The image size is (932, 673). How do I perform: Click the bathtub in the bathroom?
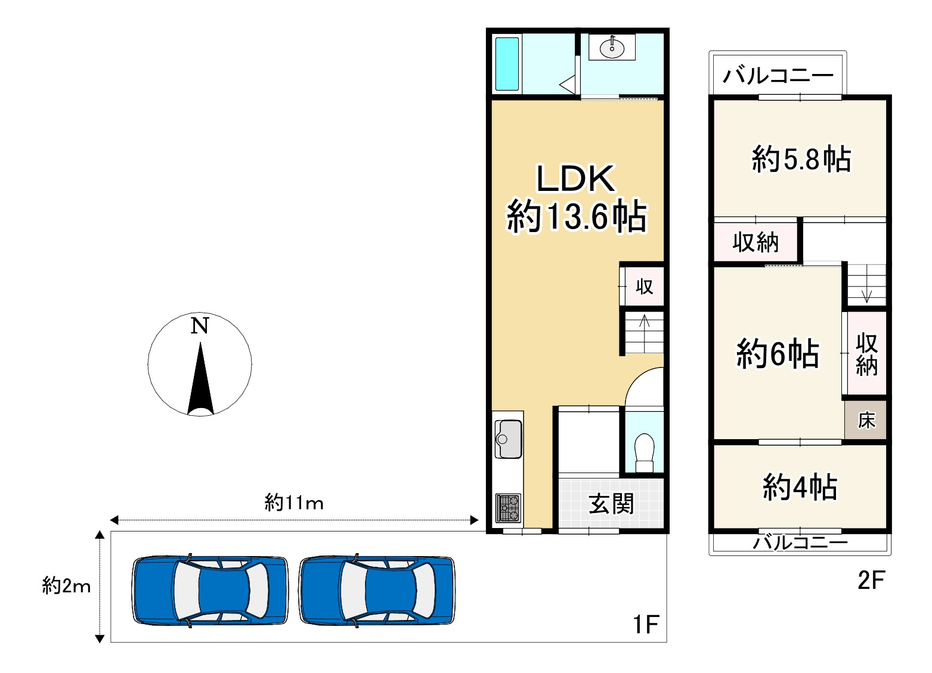[x=507, y=64]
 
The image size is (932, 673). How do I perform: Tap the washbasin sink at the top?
[x=612, y=47]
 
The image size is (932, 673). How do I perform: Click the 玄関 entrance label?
[x=611, y=504]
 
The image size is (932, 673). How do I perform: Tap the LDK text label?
[x=575, y=178]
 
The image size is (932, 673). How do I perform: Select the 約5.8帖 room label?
[x=801, y=159]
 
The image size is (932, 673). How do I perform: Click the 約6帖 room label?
[x=778, y=353]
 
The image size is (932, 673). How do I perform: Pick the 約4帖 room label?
[x=800, y=487]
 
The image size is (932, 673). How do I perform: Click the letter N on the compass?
[x=200, y=326]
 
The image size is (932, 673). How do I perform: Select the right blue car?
[x=377, y=591]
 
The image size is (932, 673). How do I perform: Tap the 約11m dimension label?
[x=294, y=503]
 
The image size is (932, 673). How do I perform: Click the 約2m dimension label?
[x=66, y=586]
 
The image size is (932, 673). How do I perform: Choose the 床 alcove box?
[x=866, y=421]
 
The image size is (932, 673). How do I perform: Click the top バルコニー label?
[x=778, y=76]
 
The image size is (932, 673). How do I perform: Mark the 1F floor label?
[x=645, y=625]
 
